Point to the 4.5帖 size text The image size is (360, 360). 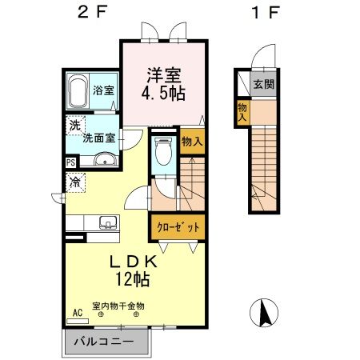163,94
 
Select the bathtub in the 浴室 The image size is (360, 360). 78,94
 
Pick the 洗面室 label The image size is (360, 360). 100,137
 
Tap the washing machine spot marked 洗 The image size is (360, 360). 74,125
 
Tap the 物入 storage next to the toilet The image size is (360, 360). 191,142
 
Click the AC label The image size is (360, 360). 78,313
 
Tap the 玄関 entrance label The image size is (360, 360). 263,83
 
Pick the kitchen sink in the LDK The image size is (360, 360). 108,222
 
